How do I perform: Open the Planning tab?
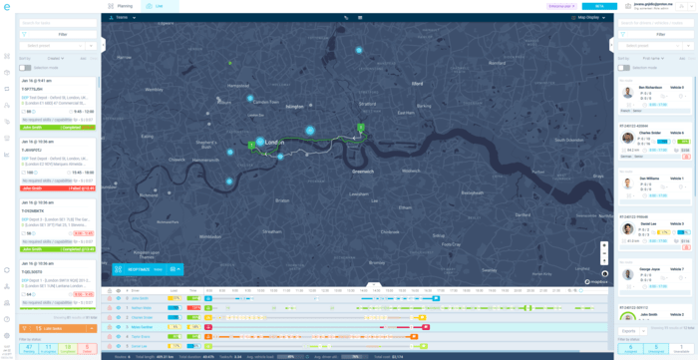tap(122, 6)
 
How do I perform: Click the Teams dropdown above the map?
tap(123, 17)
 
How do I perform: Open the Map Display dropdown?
tap(586, 17)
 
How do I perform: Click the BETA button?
tap(599, 6)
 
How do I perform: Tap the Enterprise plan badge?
tap(561, 6)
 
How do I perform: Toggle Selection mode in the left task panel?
tap(25, 68)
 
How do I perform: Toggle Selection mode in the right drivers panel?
tap(624, 68)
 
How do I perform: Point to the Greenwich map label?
tap(362, 171)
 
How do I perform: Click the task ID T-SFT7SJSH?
tap(34, 89)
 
